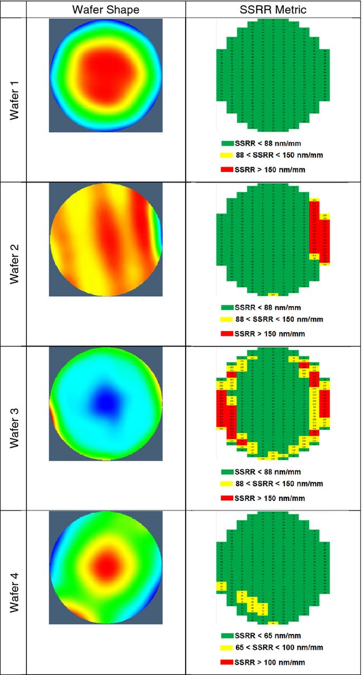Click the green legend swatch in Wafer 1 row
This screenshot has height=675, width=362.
click(227, 143)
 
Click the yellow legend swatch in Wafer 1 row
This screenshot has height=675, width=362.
click(227, 155)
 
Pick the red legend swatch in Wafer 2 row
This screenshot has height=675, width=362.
click(227, 334)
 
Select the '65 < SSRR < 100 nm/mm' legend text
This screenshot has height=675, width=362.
click(279, 648)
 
